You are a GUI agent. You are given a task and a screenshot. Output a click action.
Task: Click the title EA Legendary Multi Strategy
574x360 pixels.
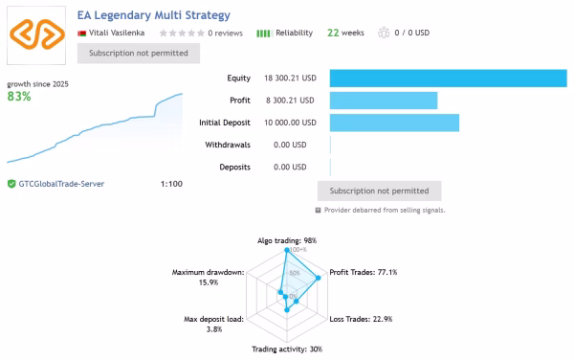point(154,15)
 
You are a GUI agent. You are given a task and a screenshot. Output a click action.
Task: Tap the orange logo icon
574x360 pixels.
point(36,34)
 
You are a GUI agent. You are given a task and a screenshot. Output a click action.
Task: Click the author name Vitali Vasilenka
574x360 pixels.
point(117,33)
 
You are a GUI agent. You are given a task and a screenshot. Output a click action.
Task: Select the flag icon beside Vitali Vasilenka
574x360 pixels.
point(81,34)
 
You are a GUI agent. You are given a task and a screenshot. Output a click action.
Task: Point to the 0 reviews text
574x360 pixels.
point(225,33)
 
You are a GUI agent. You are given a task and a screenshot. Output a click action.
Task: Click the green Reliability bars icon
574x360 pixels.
point(263,34)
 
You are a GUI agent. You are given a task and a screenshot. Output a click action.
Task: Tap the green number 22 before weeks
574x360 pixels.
point(333,33)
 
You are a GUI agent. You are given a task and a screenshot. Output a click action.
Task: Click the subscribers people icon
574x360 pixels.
point(384,33)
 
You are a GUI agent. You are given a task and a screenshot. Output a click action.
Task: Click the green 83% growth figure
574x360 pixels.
point(19,97)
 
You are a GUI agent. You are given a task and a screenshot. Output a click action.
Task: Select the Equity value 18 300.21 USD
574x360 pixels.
point(290,78)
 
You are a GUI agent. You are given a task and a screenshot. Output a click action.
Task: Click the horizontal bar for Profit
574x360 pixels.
point(384,101)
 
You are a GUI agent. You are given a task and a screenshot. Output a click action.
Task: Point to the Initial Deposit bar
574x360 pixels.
point(394,123)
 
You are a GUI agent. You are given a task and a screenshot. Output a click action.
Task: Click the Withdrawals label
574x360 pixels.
point(228,145)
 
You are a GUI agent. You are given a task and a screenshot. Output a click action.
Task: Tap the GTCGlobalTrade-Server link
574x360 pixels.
point(61,184)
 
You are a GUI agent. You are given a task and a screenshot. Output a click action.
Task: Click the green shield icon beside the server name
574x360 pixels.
point(11,184)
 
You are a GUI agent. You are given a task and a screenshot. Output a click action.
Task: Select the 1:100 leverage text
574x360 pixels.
point(171,184)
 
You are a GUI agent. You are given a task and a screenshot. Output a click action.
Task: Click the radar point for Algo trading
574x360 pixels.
point(287,250)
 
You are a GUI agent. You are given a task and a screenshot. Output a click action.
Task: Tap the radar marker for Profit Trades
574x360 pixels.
point(319,278)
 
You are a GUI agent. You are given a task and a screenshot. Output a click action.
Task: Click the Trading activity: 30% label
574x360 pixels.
point(287,349)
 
